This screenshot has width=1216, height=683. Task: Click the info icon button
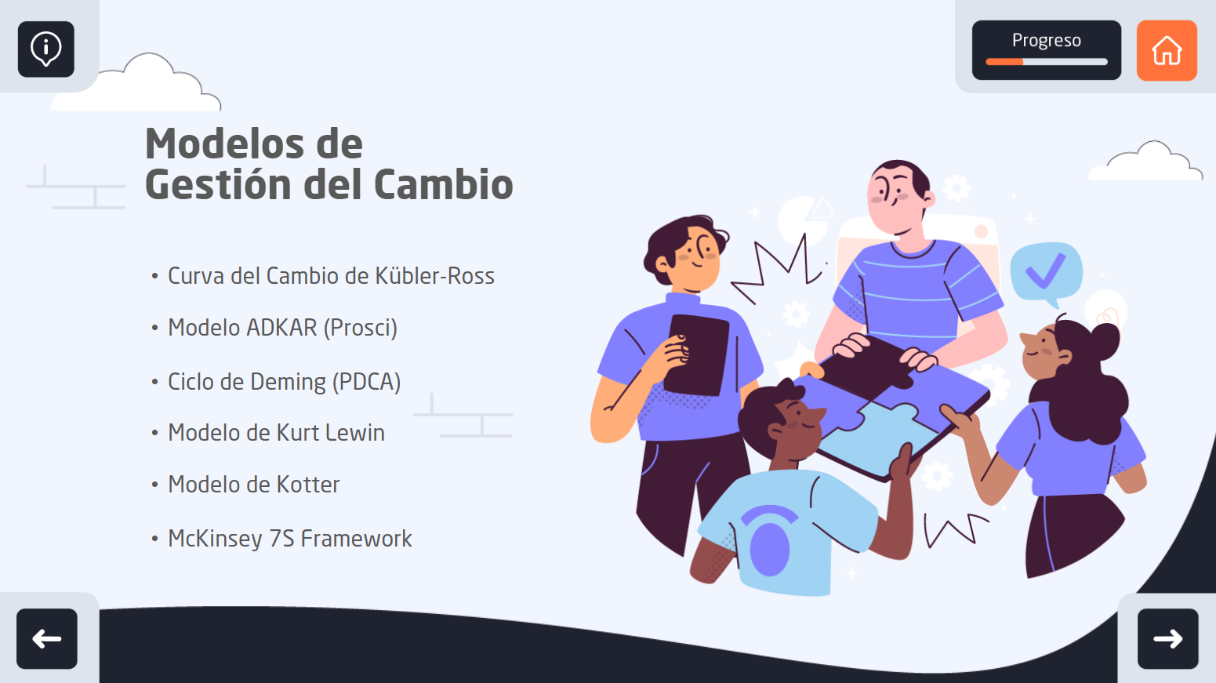[46, 49]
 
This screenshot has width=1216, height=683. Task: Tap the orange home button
[1167, 50]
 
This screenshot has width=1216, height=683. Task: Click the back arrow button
[47, 638]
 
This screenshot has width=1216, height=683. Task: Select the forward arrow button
[1167, 638]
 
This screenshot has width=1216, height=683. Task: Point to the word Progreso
[1046, 41]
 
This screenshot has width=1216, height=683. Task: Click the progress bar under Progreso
[1046, 62]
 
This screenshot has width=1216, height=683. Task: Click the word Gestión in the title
[218, 183]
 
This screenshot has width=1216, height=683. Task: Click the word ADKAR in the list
[281, 327]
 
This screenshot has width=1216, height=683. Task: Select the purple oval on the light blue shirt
[769, 549]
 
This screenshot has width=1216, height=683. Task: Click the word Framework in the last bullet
[356, 539]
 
